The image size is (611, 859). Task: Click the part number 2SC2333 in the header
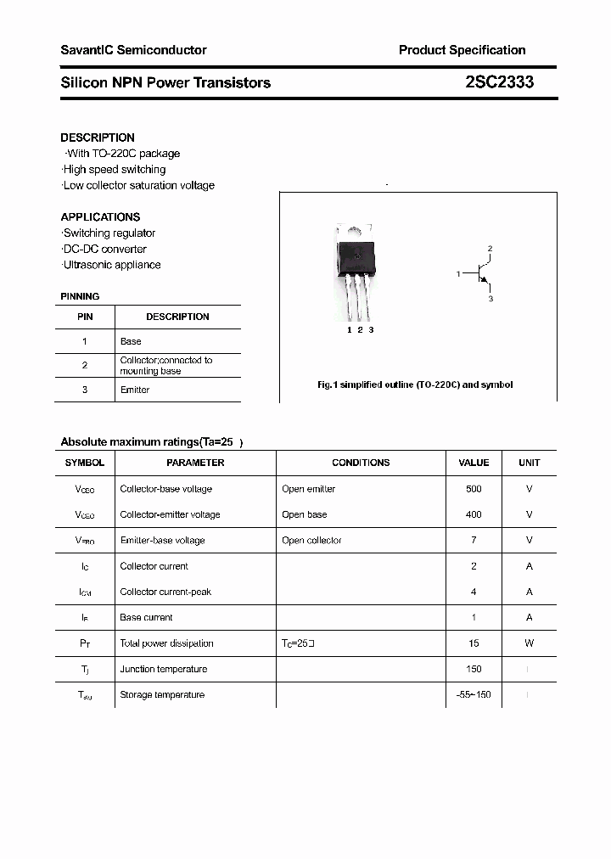[x=499, y=82]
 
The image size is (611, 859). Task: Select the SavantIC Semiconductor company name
[x=133, y=50]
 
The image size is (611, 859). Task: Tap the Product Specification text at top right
[x=462, y=50]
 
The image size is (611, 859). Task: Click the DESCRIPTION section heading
[x=98, y=138]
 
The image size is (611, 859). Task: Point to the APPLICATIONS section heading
[x=100, y=217]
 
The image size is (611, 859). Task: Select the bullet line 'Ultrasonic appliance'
[x=111, y=265]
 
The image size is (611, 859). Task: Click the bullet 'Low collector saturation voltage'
[x=138, y=185]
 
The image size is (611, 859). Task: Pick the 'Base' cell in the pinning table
[x=131, y=341]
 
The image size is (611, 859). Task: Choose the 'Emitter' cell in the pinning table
[x=135, y=390]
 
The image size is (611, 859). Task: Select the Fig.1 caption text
[x=415, y=385]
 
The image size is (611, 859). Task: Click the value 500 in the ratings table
[x=474, y=489]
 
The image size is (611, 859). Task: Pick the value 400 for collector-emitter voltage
[x=474, y=514]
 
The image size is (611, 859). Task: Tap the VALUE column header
[x=474, y=463]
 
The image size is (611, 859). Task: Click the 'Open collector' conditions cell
[x=311, y=541]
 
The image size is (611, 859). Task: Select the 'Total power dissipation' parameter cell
[x=167, y=643]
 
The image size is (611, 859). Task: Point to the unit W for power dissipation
[x=529, y=643]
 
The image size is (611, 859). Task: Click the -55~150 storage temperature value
[x=474, y=695]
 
